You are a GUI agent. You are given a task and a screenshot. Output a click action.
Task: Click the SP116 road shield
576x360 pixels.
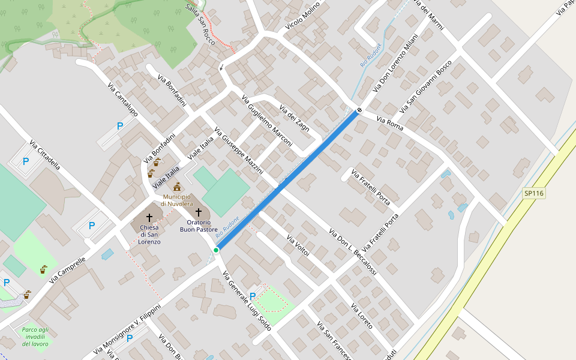pos(533,193)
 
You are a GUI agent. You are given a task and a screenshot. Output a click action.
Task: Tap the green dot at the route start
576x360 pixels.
pos(216,250)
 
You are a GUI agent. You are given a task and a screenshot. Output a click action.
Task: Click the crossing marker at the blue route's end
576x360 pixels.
pos(359,110)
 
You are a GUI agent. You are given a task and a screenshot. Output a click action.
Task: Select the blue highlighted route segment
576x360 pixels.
pos(288,179)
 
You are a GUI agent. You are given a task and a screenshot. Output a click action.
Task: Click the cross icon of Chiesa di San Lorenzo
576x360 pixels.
pos(149,217)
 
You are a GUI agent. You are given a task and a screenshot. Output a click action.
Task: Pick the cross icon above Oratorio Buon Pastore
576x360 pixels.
pos(199,212)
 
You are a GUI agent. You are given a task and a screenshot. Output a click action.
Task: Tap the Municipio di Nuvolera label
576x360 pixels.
pos(176,200)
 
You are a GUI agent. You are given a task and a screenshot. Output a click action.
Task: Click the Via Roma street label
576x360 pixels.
pos(390,125)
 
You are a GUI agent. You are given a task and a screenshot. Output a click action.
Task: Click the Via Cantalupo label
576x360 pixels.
pos(122,99)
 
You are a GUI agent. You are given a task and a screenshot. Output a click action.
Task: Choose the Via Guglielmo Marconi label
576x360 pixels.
pos(266,120)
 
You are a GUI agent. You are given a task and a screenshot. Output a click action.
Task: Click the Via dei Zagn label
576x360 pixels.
pos(295,118)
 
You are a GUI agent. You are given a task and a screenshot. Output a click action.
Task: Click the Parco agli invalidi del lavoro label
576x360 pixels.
pos(35,337)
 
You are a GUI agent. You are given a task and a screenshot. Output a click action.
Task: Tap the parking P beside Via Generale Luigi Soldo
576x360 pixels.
pos(253,296)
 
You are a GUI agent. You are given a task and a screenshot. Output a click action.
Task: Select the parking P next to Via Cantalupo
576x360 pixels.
pos(120,126)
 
